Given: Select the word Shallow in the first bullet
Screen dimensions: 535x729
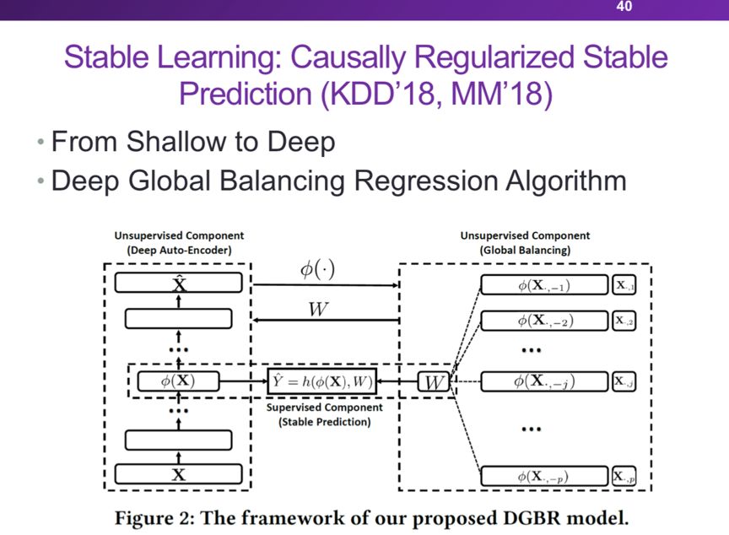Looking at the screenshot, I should pyautogui.click(x=175, y=141).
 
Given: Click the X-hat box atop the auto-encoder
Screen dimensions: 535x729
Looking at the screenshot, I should pyautogui.click(x=178, y=284).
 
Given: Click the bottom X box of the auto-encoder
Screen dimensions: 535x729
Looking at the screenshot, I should pyautogui.click(x=178, y=473).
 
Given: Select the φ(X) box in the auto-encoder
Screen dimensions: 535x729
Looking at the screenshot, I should pyautogui.click(x=178, y=381).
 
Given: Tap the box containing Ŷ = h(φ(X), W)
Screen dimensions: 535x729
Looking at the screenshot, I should pyautogui.click(x=321, y=382).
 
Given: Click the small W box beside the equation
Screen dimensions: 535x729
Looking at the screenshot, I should pyautogui.click(x=433, y=382).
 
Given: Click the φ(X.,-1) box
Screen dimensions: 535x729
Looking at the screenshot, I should pyautogui.click(x=544, y=285).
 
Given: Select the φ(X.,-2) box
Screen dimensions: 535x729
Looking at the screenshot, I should pyautogui.click(x=544, y=321).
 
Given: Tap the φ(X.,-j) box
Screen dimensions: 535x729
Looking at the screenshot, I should pyautogui.click(x=544, y=382).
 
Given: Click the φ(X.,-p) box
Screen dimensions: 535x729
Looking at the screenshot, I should pyautogui.click(x=544, y=477).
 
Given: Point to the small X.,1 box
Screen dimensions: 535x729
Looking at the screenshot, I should pyautogui.click(x=625, y=285).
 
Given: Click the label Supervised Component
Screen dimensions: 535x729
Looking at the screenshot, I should pyautogui.click(x=325, y=408).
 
